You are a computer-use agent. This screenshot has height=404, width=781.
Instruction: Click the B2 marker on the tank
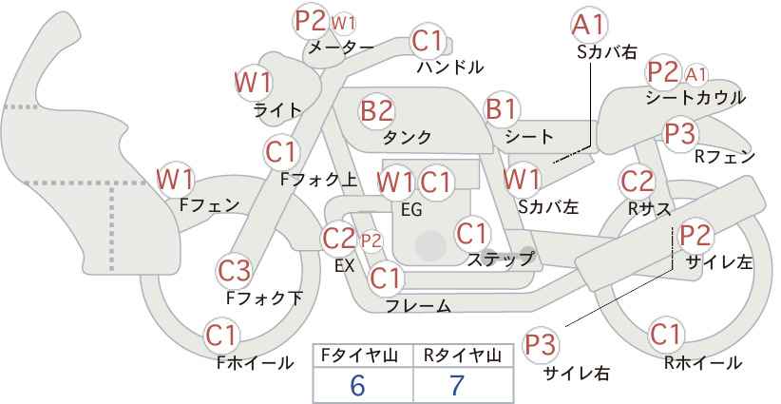(376, 110)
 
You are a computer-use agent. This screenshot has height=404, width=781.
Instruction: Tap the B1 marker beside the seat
(502, 108)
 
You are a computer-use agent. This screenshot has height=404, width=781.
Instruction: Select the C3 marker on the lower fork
(234, 271)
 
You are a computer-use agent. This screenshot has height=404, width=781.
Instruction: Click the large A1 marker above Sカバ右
(589, 25)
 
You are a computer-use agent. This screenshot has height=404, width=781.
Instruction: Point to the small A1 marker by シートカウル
(695, 74)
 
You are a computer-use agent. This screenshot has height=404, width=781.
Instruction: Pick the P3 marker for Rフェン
(680, 133)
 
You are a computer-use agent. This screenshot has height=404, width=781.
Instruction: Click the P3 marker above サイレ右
(540, 344)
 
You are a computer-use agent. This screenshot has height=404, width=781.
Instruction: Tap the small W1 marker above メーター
(344, 23)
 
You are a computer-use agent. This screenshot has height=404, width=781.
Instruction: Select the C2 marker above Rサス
(637, 182)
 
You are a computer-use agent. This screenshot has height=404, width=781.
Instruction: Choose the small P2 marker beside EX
(371, 241)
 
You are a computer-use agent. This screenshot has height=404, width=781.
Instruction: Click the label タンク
(407, 137)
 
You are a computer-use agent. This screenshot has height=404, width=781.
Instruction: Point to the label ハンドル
(449, 67)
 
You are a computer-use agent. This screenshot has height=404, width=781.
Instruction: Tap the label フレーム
(418, 305)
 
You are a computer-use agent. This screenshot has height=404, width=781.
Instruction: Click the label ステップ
(500, 260)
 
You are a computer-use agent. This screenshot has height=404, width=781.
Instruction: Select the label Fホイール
(255, 363)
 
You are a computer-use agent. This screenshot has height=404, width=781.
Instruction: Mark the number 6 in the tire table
(357, 385)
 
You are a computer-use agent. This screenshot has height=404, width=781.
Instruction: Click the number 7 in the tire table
(456, 385)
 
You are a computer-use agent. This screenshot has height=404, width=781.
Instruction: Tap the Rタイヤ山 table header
(463, 356)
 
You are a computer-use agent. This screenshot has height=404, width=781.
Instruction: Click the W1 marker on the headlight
(253, 82)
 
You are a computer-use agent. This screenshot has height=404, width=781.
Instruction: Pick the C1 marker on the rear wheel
(666, 335)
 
